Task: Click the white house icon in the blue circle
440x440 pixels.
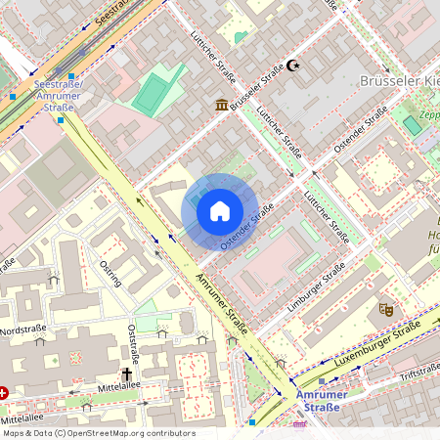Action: point(220,210)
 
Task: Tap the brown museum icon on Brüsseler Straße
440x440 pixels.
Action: point(222,105)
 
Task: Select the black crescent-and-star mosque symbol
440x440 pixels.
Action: point(291,66)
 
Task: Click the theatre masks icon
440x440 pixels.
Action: point(385,309)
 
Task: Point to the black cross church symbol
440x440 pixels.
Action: point(126,374)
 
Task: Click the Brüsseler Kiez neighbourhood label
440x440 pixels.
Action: point(400,81)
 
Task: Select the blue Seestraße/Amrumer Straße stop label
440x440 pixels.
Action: point(58,96)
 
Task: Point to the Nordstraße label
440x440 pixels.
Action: point(22,330)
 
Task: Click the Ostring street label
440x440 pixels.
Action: point(110,273)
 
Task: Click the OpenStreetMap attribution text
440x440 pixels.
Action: point(98,433)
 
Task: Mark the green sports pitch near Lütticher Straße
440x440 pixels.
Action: point(151,94)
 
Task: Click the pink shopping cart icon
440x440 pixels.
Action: point(299,425)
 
